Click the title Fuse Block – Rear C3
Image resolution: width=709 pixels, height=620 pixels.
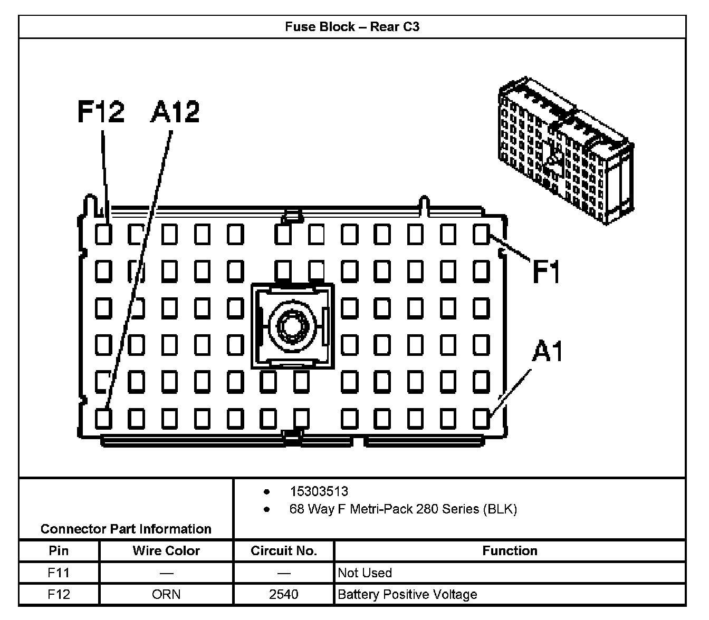[352, 27]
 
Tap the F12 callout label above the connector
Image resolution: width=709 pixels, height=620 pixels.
[101, 112]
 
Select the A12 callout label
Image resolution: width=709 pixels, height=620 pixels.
[175, 112]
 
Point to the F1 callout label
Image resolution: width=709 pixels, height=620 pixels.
[546, 272]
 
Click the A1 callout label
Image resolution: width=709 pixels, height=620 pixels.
[548, 352]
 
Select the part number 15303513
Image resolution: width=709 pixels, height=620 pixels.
[319, 491]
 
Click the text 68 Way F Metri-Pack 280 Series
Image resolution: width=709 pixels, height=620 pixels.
[403, 509]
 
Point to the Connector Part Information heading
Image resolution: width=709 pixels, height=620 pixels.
[126, 529]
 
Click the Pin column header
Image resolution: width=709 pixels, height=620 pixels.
[59, 551]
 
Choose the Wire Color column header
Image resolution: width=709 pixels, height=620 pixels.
[166, 551]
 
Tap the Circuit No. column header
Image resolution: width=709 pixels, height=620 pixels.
[283, 551]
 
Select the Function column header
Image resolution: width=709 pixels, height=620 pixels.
[510, 551]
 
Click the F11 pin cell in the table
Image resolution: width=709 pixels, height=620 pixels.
[59, 573]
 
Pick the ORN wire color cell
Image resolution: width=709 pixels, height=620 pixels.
[166, 595]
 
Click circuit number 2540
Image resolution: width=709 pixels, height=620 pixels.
[283, 595]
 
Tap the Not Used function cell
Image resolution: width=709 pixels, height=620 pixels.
[365, 573]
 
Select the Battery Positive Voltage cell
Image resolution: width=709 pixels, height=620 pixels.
[407, 595]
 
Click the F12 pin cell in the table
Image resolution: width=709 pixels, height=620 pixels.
[59, 595]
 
